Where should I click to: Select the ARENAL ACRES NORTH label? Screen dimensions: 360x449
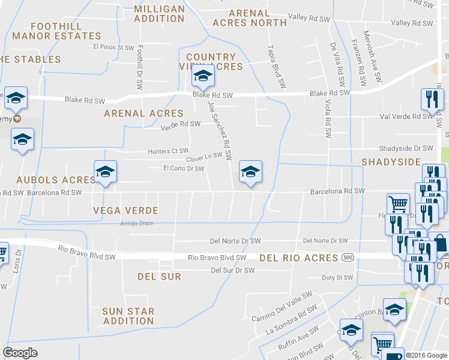click(249, 18)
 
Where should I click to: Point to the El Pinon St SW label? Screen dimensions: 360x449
click(113, 47)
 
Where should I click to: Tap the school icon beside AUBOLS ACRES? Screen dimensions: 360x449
click(105, 172)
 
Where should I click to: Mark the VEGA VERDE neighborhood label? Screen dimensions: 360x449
click(125, 211)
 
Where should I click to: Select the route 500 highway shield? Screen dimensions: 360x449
click(348, 257)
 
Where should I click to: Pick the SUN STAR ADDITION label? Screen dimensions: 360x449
click(128, 316)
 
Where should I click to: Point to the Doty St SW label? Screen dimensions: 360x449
click(337, 278)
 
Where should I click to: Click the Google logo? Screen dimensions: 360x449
click(20, 353)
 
